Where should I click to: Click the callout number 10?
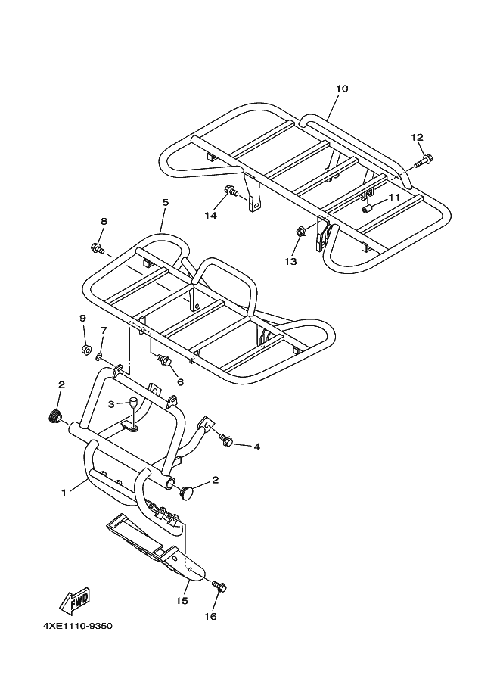(x=341, y=89)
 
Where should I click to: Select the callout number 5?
(x=165, y=202)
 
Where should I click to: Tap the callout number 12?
(x=417, y=137)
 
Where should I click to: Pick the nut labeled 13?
(x=300, y=232)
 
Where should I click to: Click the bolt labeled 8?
(x=97, y=247)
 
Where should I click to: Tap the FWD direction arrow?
(x=76, y=602)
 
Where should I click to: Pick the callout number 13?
(x=291, y=261)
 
